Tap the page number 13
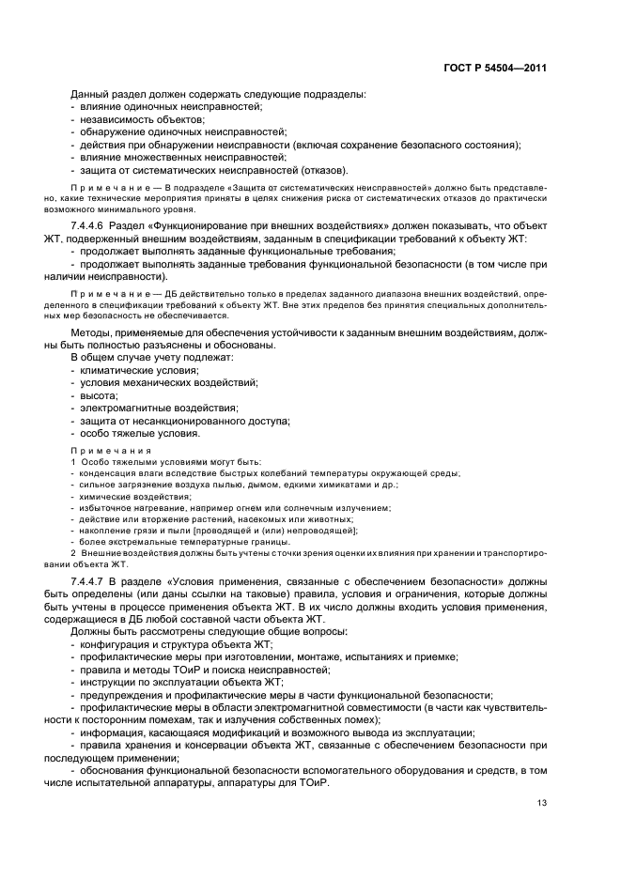point(542,802)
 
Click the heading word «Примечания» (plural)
point(112,451)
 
